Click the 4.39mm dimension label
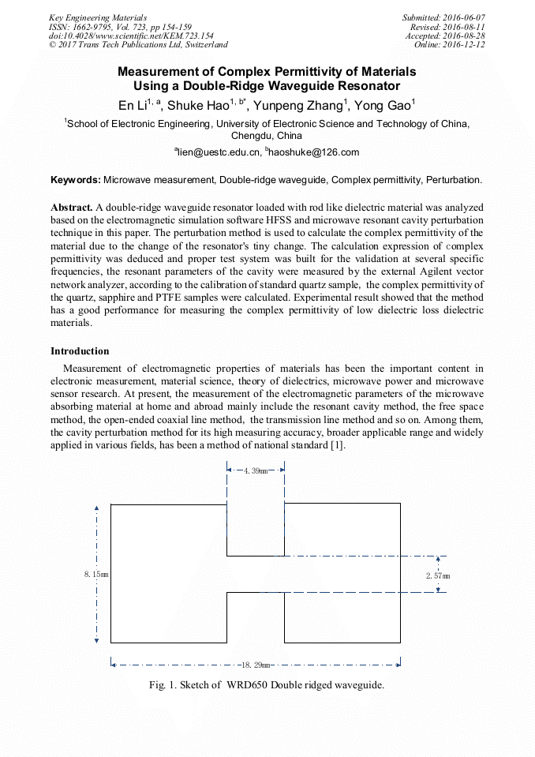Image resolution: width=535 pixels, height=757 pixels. pos(256,470)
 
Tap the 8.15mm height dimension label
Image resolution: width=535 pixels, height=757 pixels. pos(96,574)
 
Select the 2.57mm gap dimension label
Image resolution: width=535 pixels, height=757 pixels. pos(437,575)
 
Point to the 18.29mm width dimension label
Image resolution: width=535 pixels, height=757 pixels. pos(256,665)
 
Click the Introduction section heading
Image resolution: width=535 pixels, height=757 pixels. pos(80,351)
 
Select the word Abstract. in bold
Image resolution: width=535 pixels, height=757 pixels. pos(72,206)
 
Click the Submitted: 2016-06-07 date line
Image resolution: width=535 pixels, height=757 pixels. pos(443,17)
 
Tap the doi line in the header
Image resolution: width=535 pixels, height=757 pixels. pos(131,36)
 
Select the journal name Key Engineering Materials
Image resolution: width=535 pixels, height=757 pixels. pos(97,17)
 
